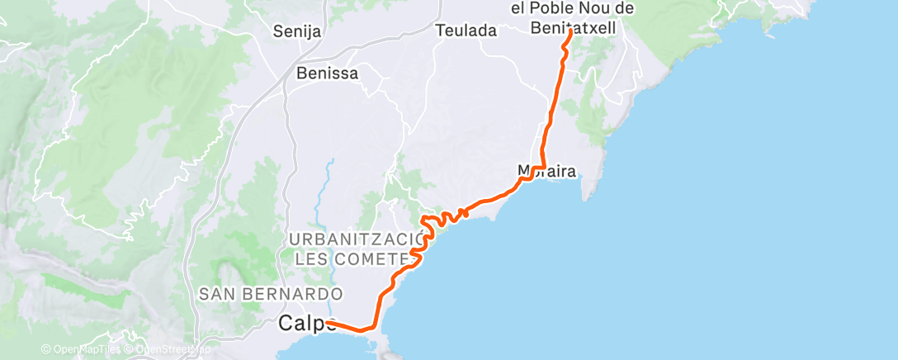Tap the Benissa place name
pos(328,73)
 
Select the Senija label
pos(296,32)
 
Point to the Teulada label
pos(466,31)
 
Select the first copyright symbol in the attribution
pos(46,350)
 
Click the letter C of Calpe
pos(286,323)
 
